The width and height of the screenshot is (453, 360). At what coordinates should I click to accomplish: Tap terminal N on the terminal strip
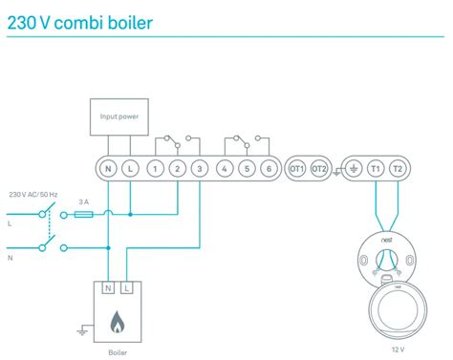pyautogui.click(x=107, y=168)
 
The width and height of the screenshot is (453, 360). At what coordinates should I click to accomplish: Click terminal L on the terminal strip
pyautogui.click(x=129, y=168)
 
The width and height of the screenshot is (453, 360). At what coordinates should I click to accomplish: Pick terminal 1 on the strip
pyautogui.click(x=155, y=168)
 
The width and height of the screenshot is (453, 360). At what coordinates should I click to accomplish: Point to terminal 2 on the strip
pyautogui.click(x=177, y=168)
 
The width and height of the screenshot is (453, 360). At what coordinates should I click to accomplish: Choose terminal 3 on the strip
pyautogui.click(x=199, y=168)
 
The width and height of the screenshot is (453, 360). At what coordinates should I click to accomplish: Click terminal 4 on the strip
pyautogui.click(x=225, y=168)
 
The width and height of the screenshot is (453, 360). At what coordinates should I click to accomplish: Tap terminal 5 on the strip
pyautogui.click(x=247, y=168)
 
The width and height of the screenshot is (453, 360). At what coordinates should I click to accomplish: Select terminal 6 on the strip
pyautogui.click(x=269, y=168)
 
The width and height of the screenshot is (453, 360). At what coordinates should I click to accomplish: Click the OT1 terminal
pyautogui.click(x=296, y=168)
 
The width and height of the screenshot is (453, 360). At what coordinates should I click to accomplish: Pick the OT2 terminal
pyautogui.click(x=320, y=168)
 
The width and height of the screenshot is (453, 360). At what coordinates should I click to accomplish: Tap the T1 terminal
pyautogui.click(x=375, y=168)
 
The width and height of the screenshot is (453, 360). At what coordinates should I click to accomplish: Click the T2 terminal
pyautogui.click(x=398, y=168)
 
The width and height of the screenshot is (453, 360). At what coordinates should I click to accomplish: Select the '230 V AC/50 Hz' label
pyautogui.click(x=34, y=193)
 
